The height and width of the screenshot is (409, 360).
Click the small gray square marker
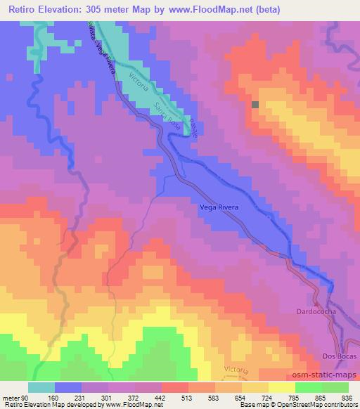(255, 105)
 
